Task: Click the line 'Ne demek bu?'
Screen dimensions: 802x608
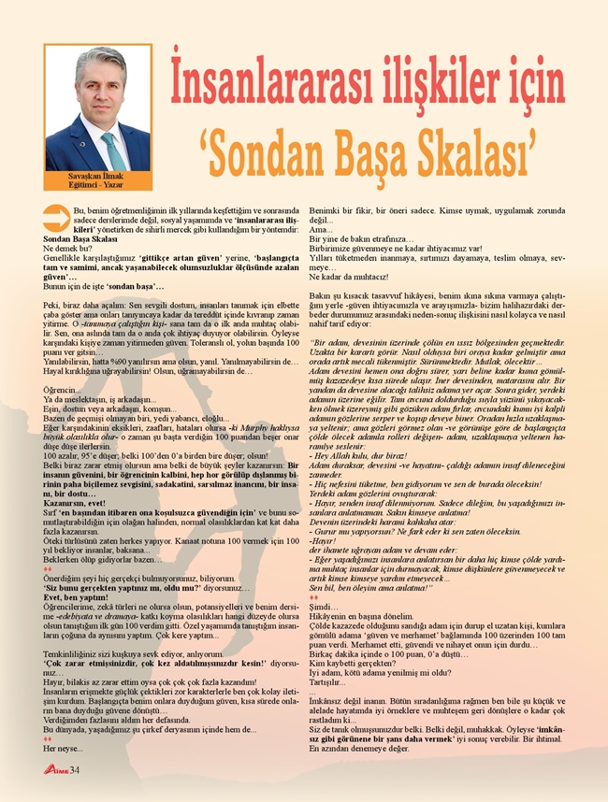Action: tap(65, 249)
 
